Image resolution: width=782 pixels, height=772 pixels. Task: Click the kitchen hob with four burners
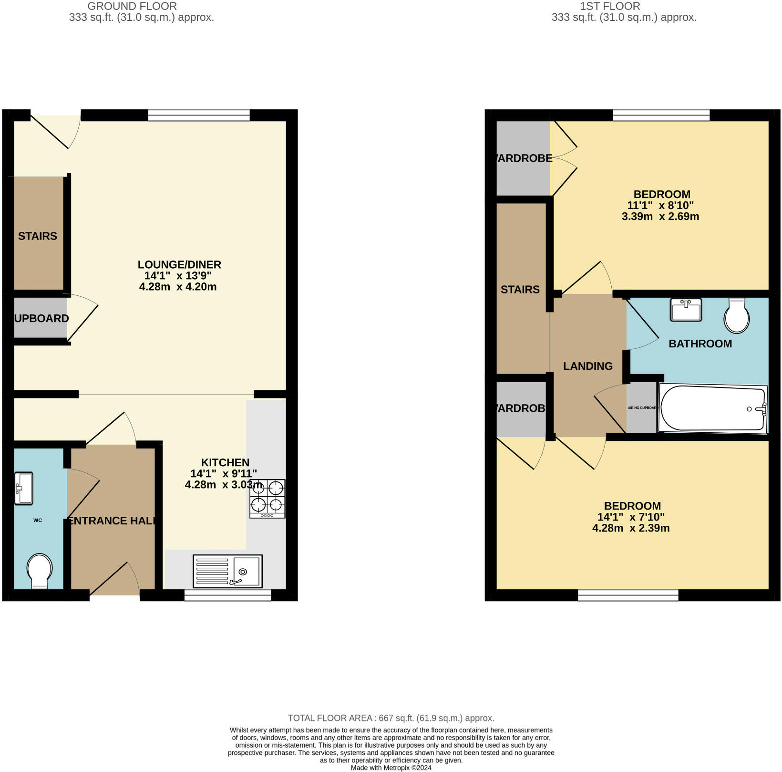pyautogui.click(x=267, y=499)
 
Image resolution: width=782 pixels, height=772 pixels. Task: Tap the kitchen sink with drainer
pyautogui.click(x=227, y=571)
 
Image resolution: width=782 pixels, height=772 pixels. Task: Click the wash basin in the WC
pyautogui.click(x=23, y=488)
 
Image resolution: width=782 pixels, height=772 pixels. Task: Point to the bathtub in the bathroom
pyautogui.click(x=712, y=408)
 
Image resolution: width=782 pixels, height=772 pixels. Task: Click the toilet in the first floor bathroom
pyautogui.click(x=737, y=315)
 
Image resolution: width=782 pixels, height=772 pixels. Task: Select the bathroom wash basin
pyautogui.click(x=686, y=310)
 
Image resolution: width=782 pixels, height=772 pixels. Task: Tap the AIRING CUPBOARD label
pyautogui.click(x=642, y=408)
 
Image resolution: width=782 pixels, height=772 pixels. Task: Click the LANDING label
pyautogui.click(x=587, y=366)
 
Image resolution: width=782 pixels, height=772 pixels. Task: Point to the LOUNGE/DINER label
pyautogui.click(x=179, y=264)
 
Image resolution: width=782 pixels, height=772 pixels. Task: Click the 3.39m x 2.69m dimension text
pyautogui.click(x=660, y=216)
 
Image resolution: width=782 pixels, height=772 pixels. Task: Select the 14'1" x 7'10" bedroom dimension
pyautogui.click(x=630, y=517)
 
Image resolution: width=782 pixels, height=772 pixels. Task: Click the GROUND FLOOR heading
pyautogui.click(x=132, y=6)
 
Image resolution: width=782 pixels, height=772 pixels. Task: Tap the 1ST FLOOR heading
pyautogui.click(x=610, y=6)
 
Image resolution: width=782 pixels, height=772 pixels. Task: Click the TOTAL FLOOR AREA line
pyautogui.click(x=391, y=718)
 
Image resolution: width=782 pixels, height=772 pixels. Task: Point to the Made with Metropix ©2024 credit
pyautogui.click(x=391, y=768)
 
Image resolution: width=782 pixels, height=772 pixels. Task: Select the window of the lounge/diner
pyautogui.click(x=198, y=115)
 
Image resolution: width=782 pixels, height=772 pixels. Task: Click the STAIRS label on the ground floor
pyautogui.click(x=38, y=236)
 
